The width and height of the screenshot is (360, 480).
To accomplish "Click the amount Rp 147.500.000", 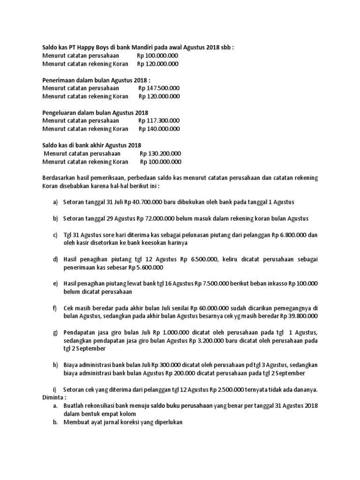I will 159,88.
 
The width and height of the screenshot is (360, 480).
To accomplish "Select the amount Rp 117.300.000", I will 159,121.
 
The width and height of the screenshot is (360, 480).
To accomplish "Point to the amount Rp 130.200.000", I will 160,154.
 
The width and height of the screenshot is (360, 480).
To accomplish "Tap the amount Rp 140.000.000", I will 159,129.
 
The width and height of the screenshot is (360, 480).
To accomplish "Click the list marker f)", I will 55,308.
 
